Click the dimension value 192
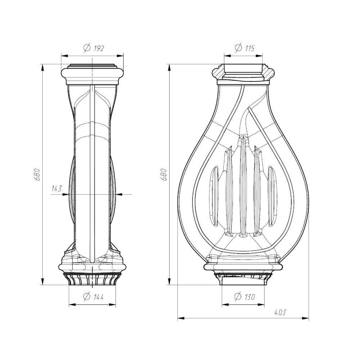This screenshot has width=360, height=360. (99, 48)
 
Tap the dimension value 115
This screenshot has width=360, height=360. (249, 48)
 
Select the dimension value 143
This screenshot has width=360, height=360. (57, 189)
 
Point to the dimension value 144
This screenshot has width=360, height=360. (99, 297)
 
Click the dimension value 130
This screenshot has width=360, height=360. (250, 297)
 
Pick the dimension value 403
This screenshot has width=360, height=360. (280, 312)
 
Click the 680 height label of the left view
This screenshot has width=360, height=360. (37, 175)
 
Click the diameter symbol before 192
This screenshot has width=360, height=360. (87, 48)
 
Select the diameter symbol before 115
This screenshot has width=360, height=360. (239, 48)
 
